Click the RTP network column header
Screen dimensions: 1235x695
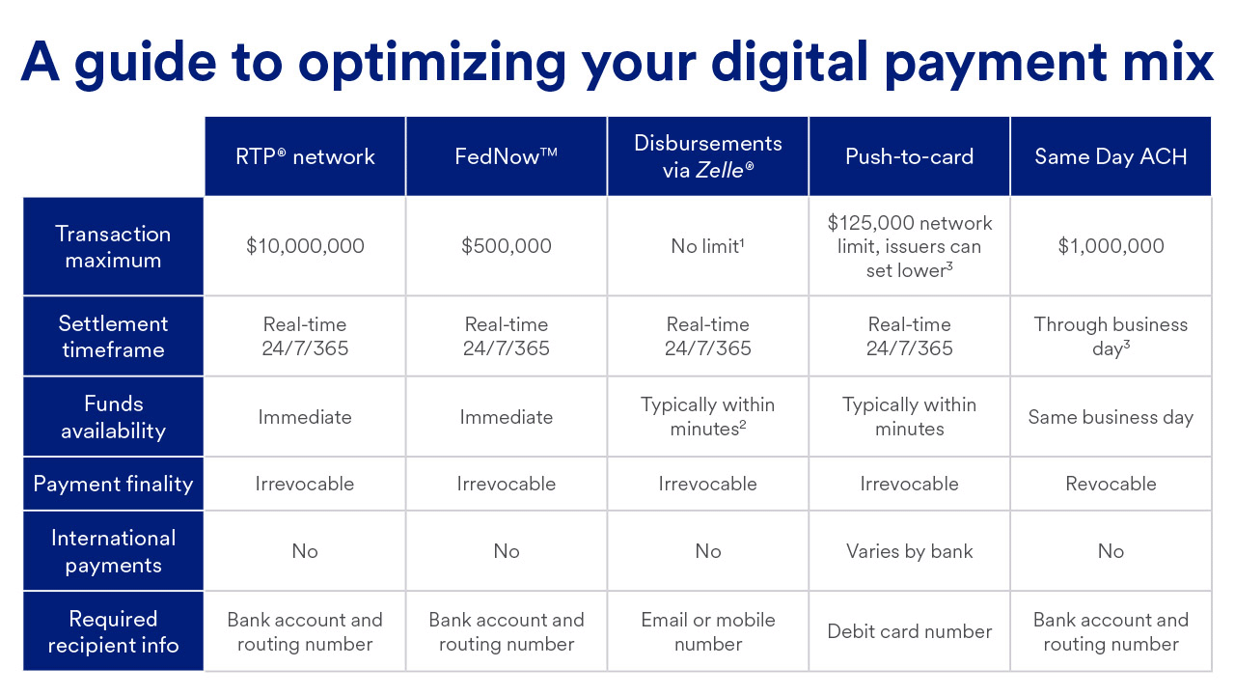(x=305, y=156)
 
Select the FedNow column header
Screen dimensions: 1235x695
(x=507, y=156)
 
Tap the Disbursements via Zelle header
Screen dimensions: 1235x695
(x=708, y=156)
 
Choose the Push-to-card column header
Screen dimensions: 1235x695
(x=909, y=156)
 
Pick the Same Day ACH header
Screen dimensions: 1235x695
(x=1111, y=156)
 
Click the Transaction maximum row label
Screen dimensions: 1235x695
(x=113, y=246)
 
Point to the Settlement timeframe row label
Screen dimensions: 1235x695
(x=113, y=336)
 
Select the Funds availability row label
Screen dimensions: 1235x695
(x=113, y=416)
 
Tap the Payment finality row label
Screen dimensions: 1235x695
(x=113, y=484)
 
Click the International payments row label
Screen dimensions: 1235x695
(x=113, y=551)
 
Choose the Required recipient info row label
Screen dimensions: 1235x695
(x=113, y=631)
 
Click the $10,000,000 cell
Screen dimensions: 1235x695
(x=305, y=246)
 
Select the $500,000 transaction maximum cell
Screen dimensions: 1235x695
(x=507, y=246)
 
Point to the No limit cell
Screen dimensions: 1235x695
(x=708, y=246)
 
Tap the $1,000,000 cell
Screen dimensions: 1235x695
(x=1111, y=246)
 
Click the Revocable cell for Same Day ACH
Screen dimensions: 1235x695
(x=1111, y=484)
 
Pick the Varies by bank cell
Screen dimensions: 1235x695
(x=909, y=551)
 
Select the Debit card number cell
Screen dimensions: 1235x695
(x=909, y=631)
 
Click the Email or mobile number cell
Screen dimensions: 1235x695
(x=708, y=631)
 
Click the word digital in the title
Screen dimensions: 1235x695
(x=789, y=64)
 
